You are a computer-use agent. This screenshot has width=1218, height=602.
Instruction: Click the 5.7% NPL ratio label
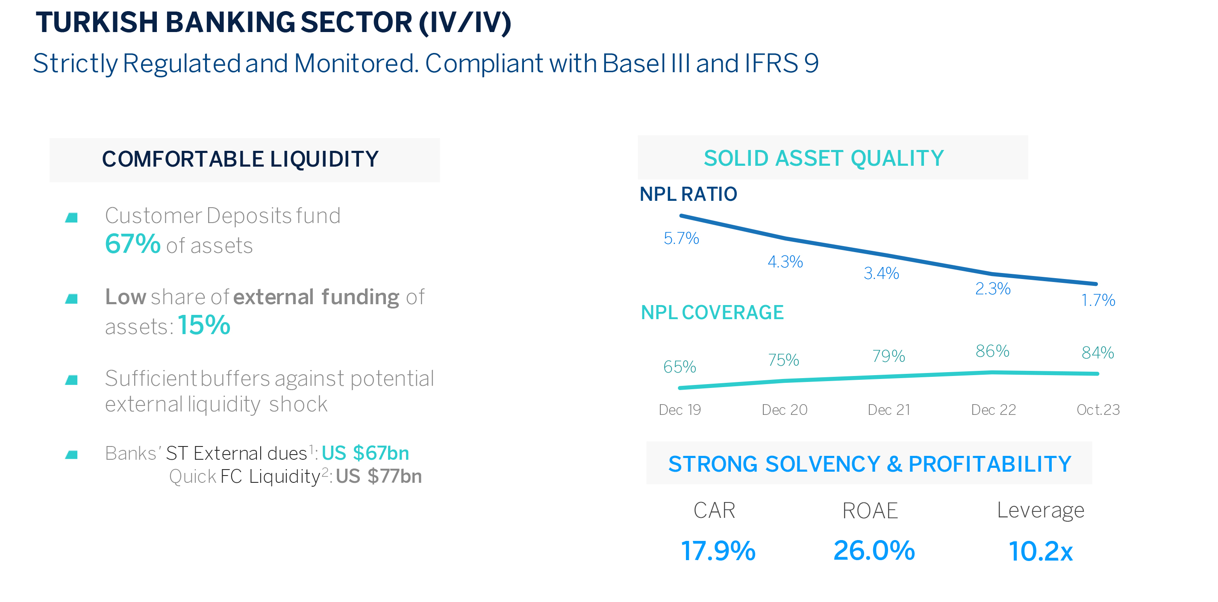[681, 238]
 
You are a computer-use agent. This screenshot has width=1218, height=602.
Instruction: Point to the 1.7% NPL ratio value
[1098, 300]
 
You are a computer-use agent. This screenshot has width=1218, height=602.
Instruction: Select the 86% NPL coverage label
[992, 351]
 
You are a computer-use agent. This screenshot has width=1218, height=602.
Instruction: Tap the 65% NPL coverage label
[680, 367]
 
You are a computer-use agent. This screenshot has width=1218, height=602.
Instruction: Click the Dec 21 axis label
[888, 410]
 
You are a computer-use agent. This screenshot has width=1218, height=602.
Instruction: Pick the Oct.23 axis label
[1098, 410]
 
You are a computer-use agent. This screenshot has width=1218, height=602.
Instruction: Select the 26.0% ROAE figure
[874, 550]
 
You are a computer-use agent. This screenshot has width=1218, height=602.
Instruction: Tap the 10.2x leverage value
[1040, 552]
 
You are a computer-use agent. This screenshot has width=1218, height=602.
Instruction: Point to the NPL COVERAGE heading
[712, 312]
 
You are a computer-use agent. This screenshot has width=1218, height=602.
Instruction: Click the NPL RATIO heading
[688, 194]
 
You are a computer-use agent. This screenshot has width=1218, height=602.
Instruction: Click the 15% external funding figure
[204, 325]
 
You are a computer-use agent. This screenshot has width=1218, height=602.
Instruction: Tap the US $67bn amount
[365, 453]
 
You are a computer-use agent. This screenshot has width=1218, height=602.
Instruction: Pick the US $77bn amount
[379, 476]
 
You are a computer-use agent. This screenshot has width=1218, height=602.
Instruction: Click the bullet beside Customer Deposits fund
[71, 217]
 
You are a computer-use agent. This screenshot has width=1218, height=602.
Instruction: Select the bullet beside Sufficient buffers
[71, 380]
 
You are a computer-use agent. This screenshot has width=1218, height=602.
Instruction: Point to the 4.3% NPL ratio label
[785, 262]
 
